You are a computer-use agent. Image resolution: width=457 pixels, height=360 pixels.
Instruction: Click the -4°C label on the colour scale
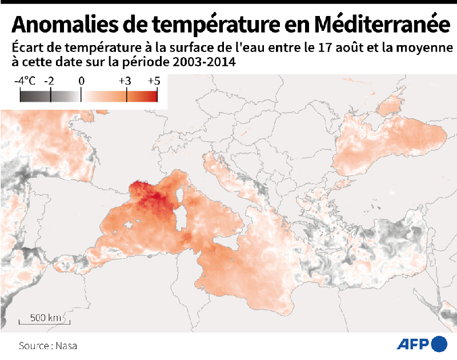[25, 81]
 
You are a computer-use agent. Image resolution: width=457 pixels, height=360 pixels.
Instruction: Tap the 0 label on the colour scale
[81, 81]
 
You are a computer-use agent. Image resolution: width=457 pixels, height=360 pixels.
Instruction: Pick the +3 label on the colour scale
[125, 81]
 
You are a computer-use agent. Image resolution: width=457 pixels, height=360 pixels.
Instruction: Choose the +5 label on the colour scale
[154, 81]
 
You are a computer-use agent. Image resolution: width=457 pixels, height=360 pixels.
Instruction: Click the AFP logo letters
[412, 344]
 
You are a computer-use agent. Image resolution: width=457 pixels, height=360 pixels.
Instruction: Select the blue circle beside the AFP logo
[440, 344]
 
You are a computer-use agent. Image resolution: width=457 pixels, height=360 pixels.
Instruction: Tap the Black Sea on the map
[394, 140]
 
